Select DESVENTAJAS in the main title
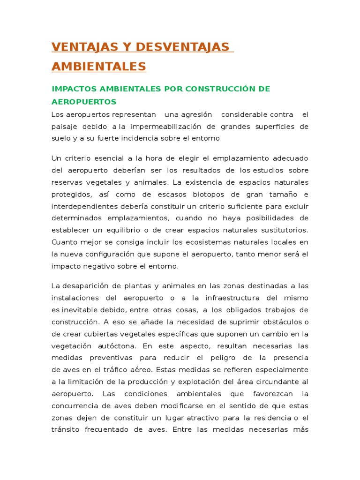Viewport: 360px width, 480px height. click(180, 47)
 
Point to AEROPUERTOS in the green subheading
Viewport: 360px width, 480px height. click(84, 101)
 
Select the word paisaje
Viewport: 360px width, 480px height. click(65, 127)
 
